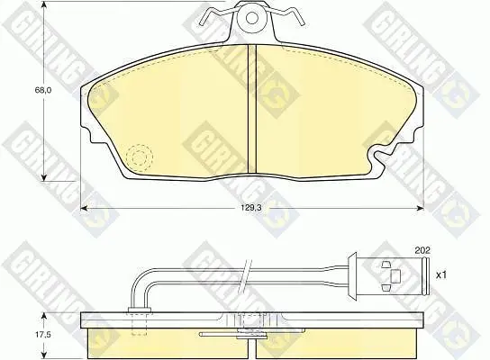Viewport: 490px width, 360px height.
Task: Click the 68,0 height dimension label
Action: [43, 91]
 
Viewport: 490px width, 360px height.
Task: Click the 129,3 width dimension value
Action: [251, 208]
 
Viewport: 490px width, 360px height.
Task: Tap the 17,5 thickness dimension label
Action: [43, 335]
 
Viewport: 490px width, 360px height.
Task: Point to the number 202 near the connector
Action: [422, 250]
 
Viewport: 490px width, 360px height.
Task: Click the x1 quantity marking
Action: [441, 275]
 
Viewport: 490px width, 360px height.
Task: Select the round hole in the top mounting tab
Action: [251, 18]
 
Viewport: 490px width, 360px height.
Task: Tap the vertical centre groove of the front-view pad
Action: [252, 109]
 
